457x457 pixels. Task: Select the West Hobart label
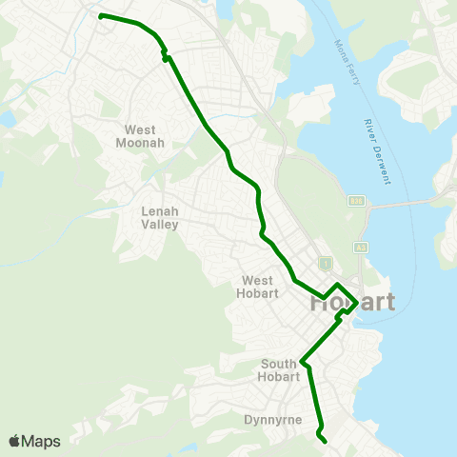click(258, 287)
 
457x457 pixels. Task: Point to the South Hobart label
click(279, 370)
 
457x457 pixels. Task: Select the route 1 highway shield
click(325, 262)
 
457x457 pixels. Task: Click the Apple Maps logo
click(34, 441)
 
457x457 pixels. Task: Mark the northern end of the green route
click(100, 16)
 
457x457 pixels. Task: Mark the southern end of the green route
click(326, 441)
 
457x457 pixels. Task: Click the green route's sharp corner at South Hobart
click(302, 362)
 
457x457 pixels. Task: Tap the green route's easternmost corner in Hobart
click(357, 303)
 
